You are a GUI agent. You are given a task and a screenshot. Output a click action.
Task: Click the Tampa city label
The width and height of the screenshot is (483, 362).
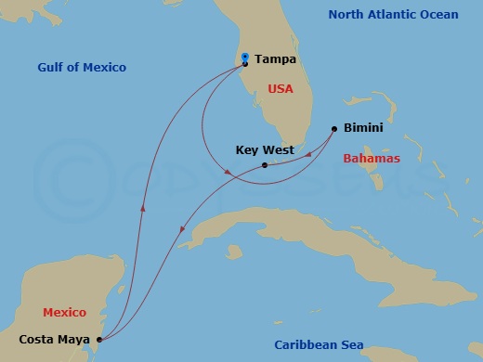(275, 59)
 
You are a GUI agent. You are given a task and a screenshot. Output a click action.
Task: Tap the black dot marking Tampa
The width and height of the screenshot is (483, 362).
(245, 65)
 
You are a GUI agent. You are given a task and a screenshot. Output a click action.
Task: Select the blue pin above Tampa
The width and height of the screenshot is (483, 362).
(245, 58)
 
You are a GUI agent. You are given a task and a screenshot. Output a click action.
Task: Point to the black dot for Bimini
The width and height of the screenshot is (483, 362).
(334, 129)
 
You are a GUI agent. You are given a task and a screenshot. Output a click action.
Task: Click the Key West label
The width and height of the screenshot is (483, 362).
(265, 149)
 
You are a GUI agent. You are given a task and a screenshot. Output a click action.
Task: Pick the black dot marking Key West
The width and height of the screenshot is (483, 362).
(265, 165)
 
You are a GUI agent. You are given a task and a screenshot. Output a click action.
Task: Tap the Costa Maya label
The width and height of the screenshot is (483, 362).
(51, 340)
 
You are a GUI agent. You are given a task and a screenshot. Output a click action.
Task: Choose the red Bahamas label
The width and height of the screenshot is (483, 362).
(372, 158)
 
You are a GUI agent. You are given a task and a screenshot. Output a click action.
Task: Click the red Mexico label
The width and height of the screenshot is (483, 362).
(64, 313)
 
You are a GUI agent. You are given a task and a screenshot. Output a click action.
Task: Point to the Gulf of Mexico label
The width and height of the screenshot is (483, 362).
(82, 68)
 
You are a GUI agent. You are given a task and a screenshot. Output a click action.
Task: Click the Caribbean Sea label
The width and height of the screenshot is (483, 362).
(318, 345)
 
